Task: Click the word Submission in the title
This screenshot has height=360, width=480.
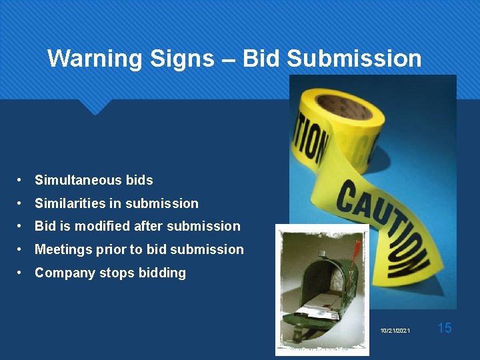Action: pyautogui.click(x=354, y=59)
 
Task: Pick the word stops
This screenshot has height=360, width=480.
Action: pyautogui.click(x=115, y=273)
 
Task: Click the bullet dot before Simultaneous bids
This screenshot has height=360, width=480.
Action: pyautogui.click(x=22, y=180)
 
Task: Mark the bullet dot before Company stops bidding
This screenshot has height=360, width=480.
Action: pyautogui.click(x=22, y=273)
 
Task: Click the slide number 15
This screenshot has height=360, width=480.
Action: pyautogui.click(x=445, y=328)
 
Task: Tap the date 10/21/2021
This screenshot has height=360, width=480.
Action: pyautogui.click(x=395, y=331)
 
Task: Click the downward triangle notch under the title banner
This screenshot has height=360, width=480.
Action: pyautogui.click(x=95, y=107)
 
